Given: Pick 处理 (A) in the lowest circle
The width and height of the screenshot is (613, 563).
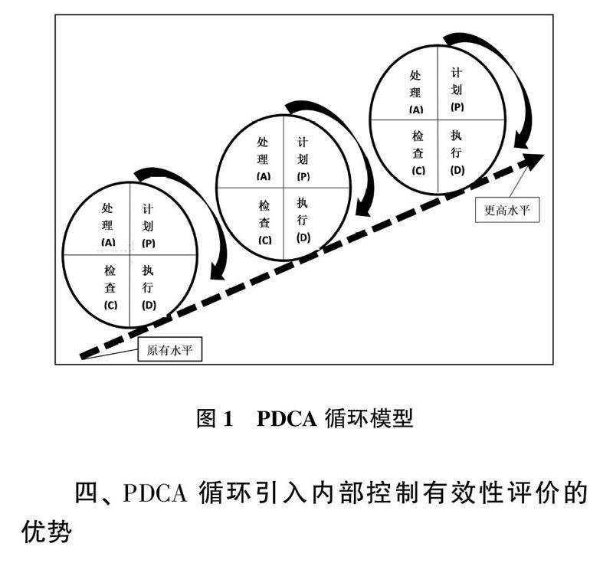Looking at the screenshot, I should (x=107, y=224).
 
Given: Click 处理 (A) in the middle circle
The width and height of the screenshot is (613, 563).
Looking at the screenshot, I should (x=263, y=158).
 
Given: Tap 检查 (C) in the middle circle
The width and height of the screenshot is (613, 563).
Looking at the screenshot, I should (x=264, y=221).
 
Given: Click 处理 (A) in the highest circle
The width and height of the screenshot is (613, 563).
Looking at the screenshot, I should (x=416, y=91).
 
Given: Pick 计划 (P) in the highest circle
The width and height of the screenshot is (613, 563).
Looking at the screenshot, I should (x=457, y=88).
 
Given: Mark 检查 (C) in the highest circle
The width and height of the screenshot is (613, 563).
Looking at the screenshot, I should (x=418, y=152).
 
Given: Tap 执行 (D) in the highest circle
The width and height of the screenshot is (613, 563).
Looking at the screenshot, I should (x=457, y=152).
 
